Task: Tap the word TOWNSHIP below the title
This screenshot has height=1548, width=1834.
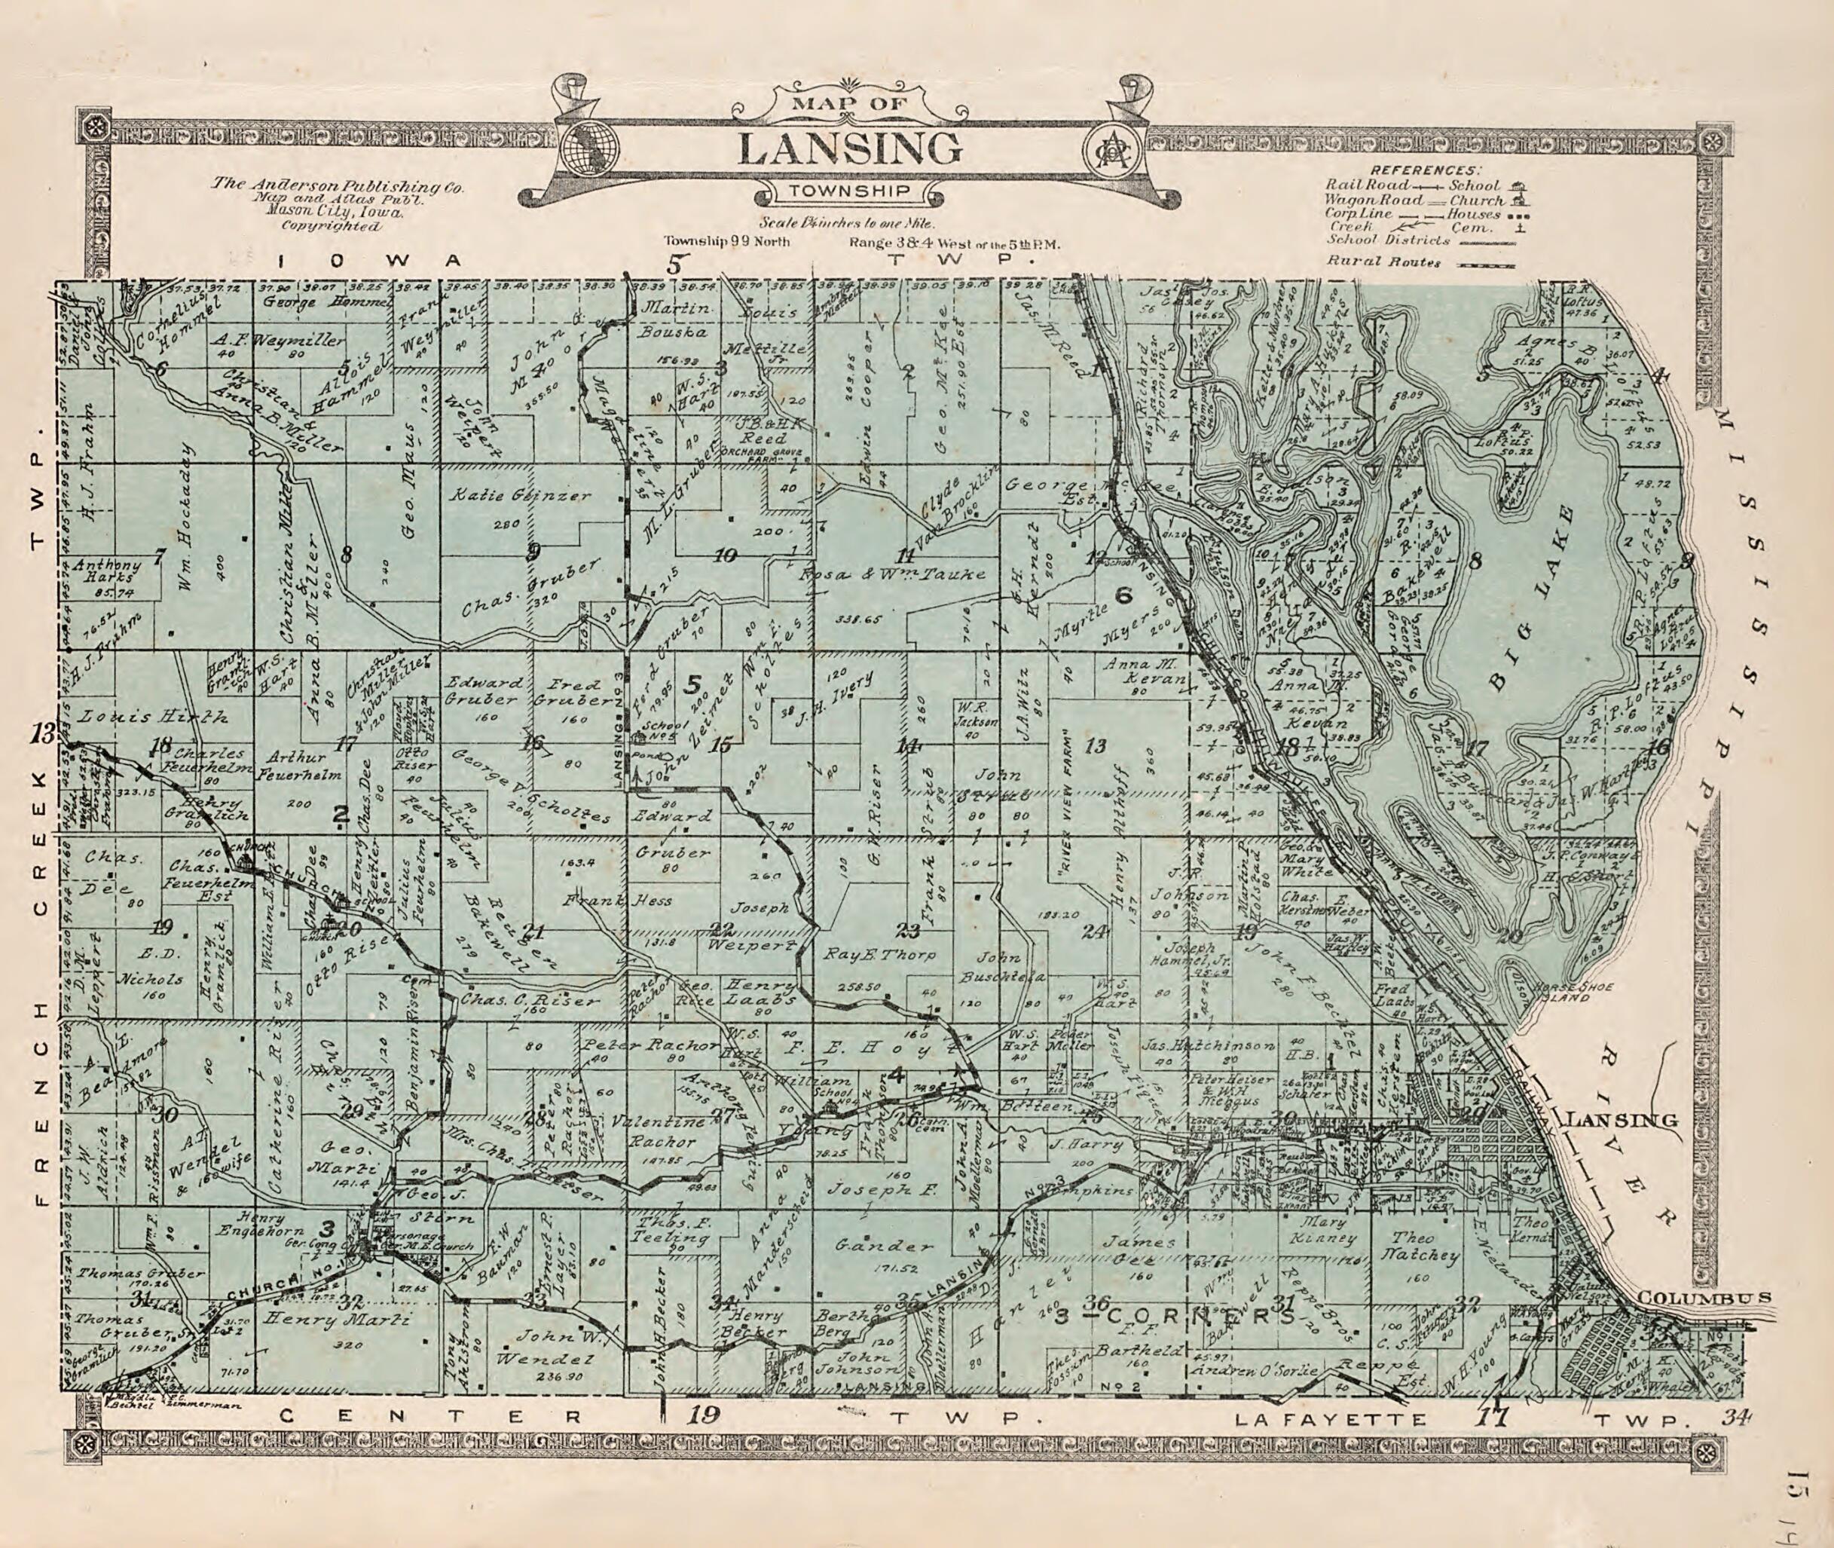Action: [x=848, y=192]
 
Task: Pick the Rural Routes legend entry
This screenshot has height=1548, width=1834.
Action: [x=1384, y=261]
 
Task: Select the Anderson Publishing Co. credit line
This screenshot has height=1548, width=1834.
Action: [x=337, y=187]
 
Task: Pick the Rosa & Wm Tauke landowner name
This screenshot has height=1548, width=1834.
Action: [x=891, y=575]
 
